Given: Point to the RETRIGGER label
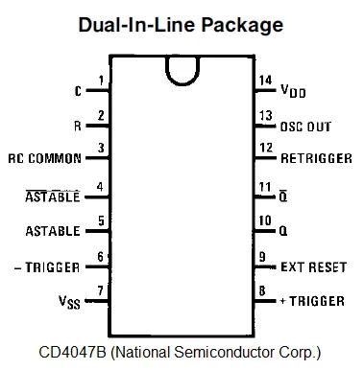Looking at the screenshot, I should coord(314,158).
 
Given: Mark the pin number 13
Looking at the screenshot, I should coord(267,116).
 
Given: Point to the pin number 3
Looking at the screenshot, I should coord(100,149).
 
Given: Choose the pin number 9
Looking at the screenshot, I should coord(263,256).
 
